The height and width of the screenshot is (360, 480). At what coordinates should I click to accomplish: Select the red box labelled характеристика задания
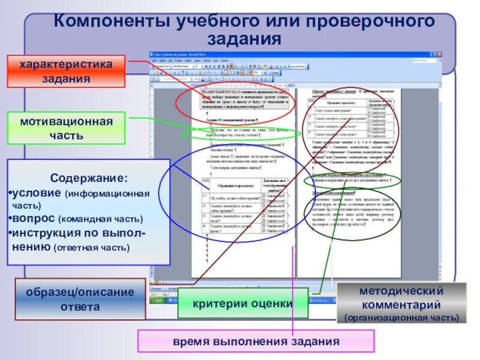pos(67,71)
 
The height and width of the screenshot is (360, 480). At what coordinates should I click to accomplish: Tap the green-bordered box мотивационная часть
pos(67,128)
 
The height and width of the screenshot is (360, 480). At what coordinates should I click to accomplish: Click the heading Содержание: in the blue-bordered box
pos(88,179)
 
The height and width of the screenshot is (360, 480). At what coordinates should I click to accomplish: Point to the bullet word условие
pos(37,194)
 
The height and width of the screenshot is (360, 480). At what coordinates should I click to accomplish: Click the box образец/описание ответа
pos(80,299)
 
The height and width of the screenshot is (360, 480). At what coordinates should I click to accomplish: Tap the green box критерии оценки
pos(242,303)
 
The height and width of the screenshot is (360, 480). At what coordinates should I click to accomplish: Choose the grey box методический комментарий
pos(401,304)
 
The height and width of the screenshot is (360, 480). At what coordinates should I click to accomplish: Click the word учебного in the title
pos(205,22)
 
